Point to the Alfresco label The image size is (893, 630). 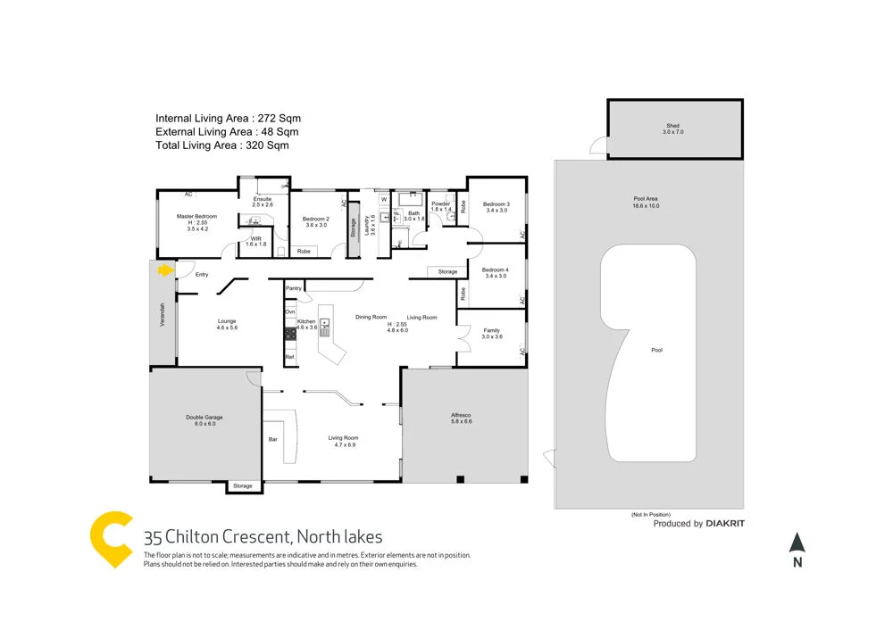[462, 418]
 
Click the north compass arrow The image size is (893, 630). [797, 543]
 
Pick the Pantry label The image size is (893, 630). [293, 288]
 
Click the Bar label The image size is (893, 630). [273, 438]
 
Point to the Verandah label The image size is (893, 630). [163, 319]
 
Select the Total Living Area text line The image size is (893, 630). [222, 145]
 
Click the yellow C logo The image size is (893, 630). [113, 540]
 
